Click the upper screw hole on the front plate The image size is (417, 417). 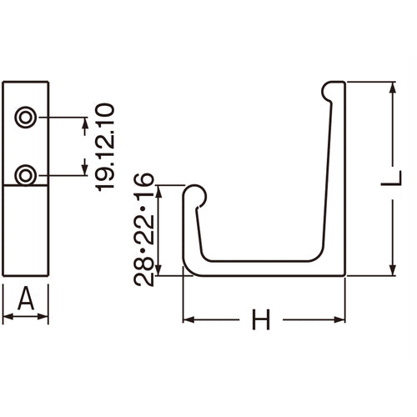[x=26, y=118]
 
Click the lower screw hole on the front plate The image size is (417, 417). [x=26, y=175]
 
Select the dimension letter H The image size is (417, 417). [x=262, y=319]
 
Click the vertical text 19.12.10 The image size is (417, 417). [x=104, y=147]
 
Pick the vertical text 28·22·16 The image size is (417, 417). [x=144, y=229]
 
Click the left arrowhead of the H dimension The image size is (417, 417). [x=188, y=319]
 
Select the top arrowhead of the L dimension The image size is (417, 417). [x=390, y=88]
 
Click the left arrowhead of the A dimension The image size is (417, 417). [x=7, y=317]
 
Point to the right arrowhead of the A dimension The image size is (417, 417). [x=44, y=317]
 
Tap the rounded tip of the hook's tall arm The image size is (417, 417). [x=334, y=87]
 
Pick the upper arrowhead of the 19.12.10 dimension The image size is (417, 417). [x=84, y=124]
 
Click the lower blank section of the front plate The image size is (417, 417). [x=25, y=234]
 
